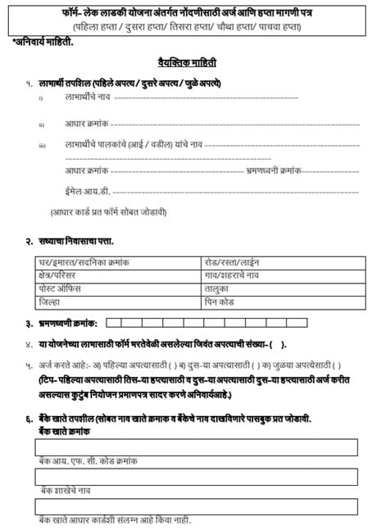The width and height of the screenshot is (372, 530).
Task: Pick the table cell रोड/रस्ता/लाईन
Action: click(232, 263)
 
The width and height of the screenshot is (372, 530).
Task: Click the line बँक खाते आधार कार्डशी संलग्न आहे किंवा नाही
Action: click(120, 521)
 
